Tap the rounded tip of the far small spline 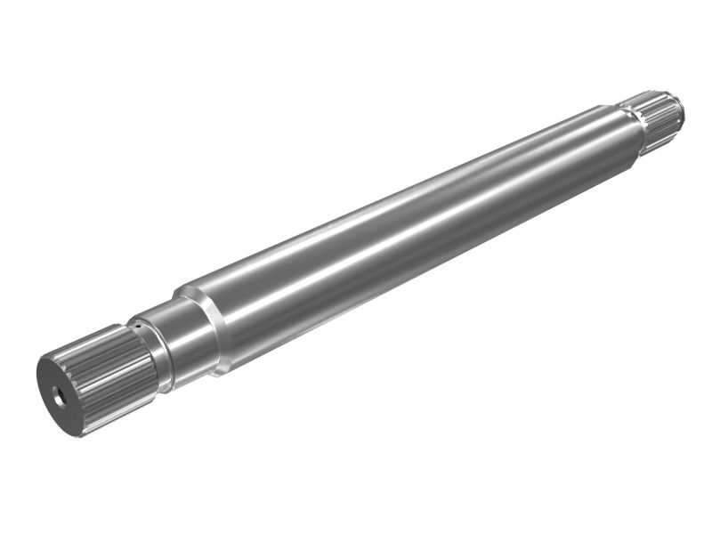pos(679,109)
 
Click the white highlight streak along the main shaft pos(374,214)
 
